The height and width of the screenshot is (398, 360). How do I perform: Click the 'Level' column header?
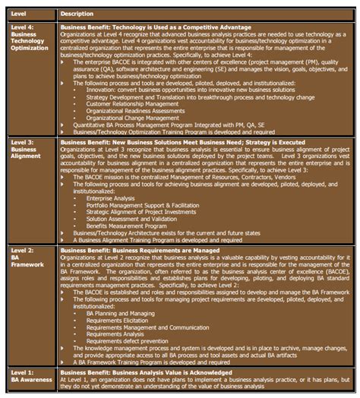click(x=21, y=13)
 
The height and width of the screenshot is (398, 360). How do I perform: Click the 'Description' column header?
click(x=77, y=13)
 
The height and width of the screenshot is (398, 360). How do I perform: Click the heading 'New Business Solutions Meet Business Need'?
click(x=163, y=142)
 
